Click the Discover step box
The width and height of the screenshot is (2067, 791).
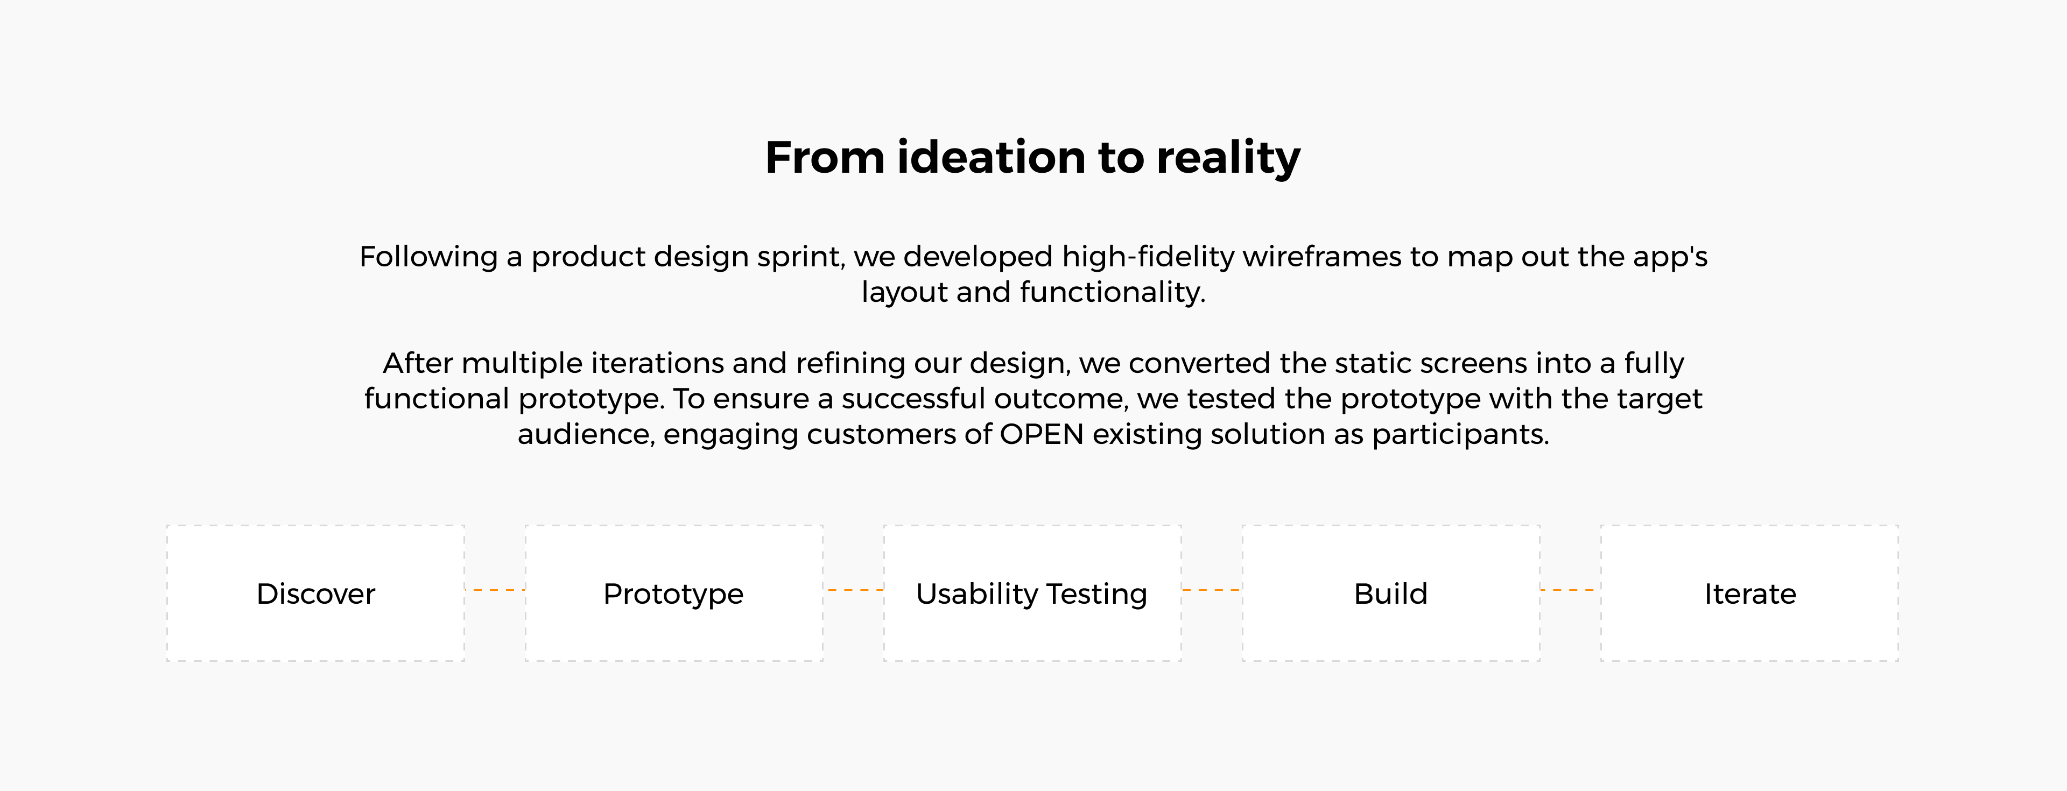click(315, 594)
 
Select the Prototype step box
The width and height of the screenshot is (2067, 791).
click(674, 594)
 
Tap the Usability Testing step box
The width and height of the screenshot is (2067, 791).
click(1033, 594)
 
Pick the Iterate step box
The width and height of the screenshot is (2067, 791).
click(1750, 594)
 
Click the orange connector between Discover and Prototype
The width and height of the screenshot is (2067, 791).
click(495, 590)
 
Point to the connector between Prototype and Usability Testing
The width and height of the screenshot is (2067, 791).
click(854, 590)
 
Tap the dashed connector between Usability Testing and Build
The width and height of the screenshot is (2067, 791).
click(1212, 590)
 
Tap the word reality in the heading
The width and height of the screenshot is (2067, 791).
click(1228, 159)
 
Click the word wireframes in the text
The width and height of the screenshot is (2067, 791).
click(1321, 257)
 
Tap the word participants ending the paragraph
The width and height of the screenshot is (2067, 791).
click(1460, 435)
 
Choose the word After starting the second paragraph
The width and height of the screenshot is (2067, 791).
click(418, 363)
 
